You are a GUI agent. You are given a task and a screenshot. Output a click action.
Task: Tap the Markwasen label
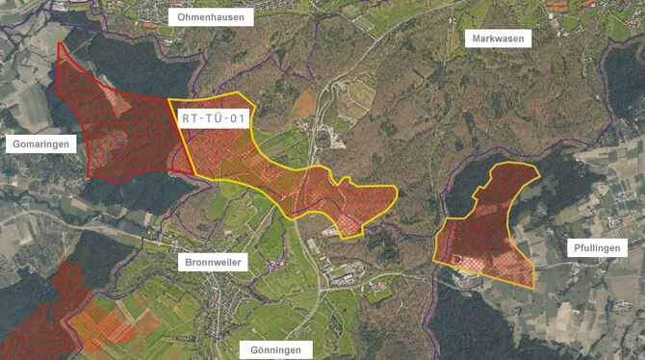pyautogui.click(x=496, y=39)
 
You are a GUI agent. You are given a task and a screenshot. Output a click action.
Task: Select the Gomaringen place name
pyautogui.click(x=39, y=143)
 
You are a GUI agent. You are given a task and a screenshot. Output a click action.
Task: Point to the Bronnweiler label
pyautogui.click(x=213, y=262)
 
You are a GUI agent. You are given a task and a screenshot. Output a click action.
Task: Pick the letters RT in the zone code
pyautogui.click(x=190, y=118)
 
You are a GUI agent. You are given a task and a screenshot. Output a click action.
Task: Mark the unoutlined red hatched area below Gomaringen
pyautogui.click(x=48, y=308)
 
